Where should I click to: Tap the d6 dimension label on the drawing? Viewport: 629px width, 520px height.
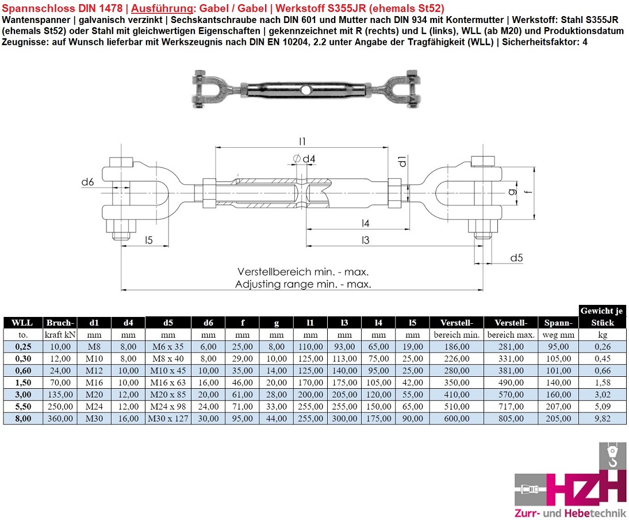(87, 182)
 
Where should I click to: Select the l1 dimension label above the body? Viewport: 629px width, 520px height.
(302, 141)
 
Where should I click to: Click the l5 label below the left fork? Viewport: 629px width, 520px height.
(148, 240)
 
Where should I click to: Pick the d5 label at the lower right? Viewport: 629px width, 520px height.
(516, 258)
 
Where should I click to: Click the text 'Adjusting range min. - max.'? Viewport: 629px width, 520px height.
(303, 284)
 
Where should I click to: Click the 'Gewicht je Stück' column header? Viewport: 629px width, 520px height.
(601, 316)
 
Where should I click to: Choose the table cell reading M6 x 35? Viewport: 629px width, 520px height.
(168, 346)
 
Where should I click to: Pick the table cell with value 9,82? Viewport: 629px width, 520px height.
(601, 419)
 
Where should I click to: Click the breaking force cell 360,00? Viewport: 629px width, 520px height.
(60, 419)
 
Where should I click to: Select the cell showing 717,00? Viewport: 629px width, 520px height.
(510, 407)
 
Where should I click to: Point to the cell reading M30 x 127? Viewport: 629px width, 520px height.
(168, 419)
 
